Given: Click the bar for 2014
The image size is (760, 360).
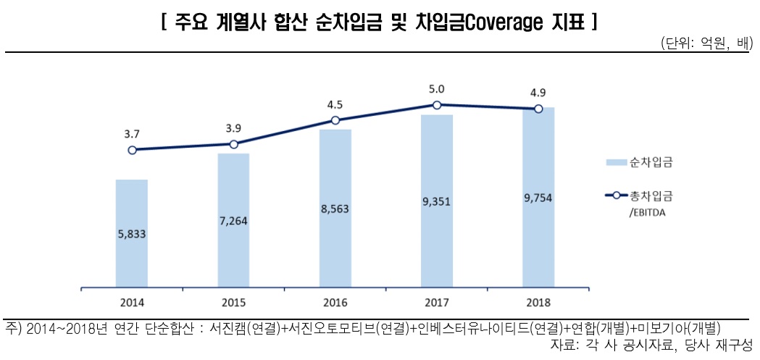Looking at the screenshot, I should [x=131, y=233].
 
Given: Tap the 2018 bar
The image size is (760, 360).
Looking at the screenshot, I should [x=538, y=197].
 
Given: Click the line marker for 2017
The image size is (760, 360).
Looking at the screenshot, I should [x=437, y=106].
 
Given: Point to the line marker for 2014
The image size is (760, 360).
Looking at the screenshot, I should [x=132, y=150].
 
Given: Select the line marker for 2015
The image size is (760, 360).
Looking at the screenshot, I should [x=233, y=144].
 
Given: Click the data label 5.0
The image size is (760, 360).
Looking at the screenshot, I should [x=437, y=89].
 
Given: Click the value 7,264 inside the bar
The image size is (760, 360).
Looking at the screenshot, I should [x=233, y=221].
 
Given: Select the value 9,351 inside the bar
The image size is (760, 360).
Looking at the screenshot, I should [x=437, y=202].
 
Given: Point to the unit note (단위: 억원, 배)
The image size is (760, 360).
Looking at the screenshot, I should [x=706, y=43].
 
